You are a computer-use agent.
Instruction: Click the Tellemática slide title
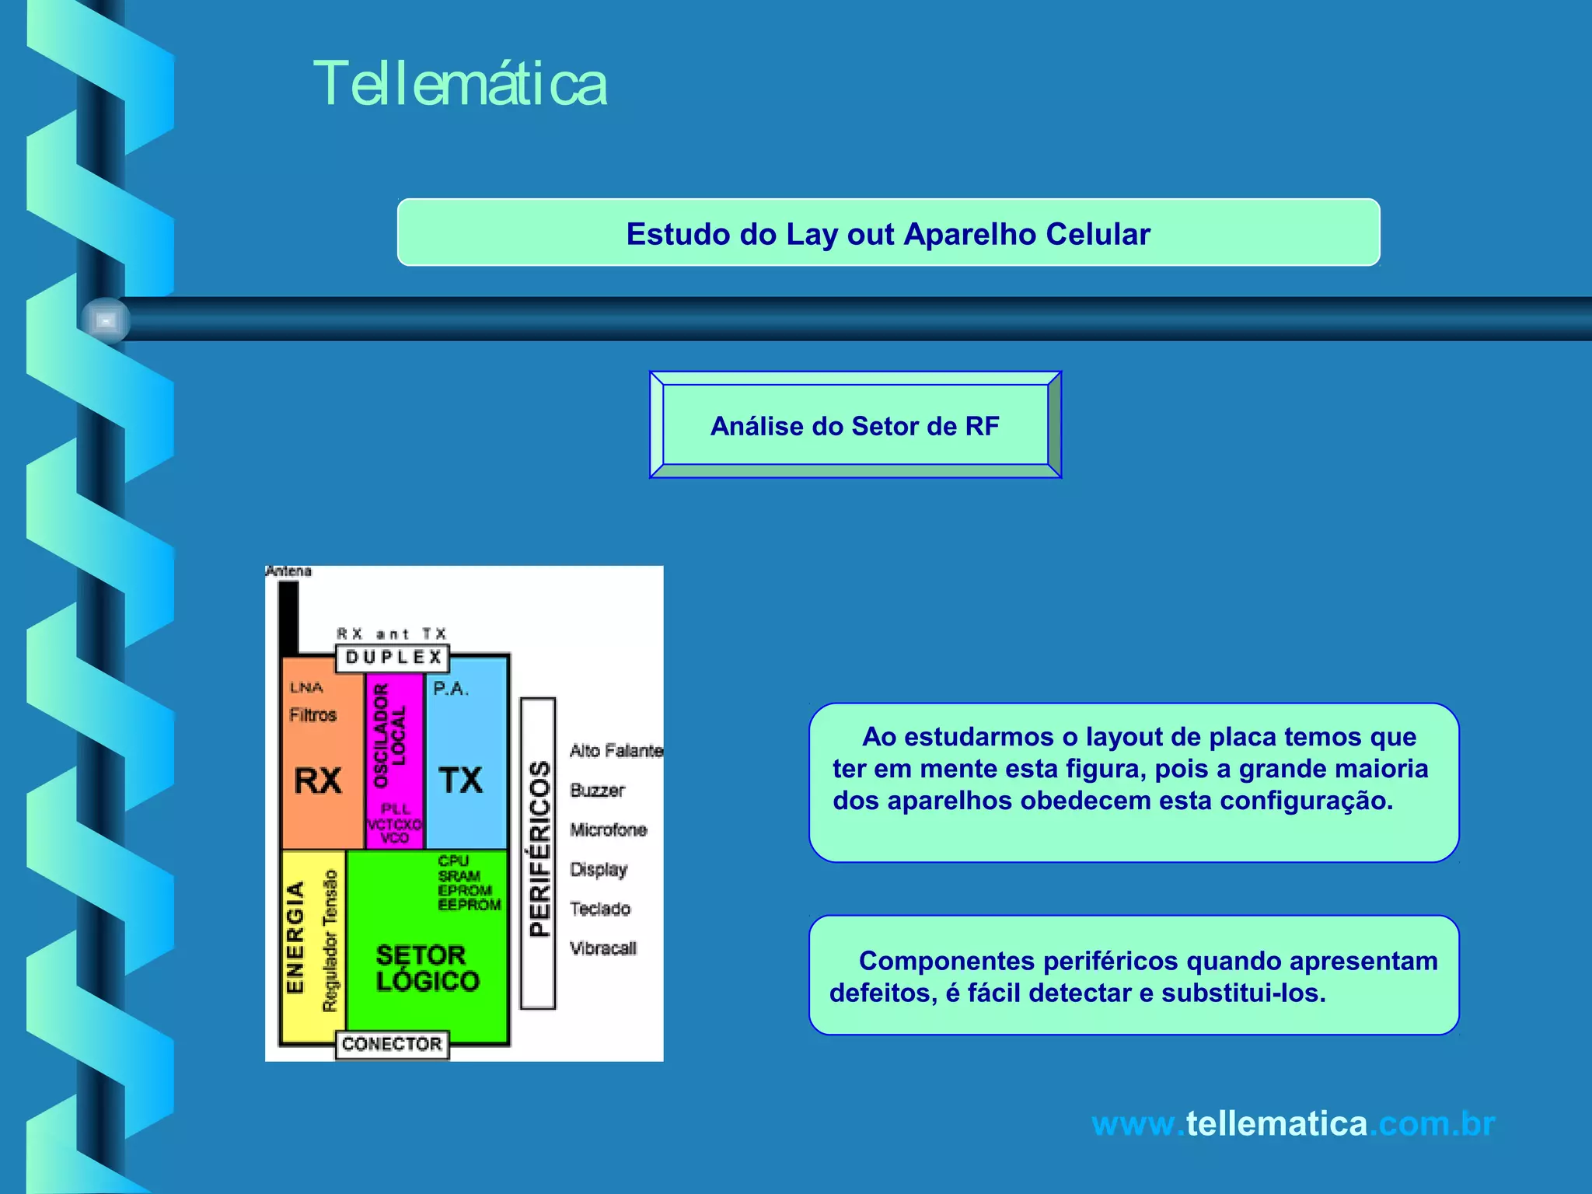click(x=460, y=84)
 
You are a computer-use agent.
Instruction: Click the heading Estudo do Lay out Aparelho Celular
click(x=888, y=234)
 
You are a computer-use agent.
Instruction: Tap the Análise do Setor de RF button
click(x=855, y=426)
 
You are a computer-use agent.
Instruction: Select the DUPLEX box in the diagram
click(x=393, y=658)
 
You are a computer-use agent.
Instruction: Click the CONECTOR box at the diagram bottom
click(x=392, y=1044)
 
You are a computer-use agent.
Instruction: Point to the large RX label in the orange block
click(x=318, y=780)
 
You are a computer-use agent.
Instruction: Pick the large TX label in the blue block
click(x=461, y=780)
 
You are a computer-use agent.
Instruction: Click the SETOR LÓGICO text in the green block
click(x=428, y=968)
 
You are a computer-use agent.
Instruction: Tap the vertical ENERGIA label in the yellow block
click(x=295, y=937)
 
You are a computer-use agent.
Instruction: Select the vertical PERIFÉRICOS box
click(x=539, y=852)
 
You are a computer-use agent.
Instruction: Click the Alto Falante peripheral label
click(x=616, y=751)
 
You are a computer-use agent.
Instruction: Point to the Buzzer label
click(x=597, y=791)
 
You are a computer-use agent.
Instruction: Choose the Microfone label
click(x=608, y=830)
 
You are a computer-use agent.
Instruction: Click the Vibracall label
click(x=602, y=948)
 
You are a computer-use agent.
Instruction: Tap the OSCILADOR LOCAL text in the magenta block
click(x=389, y=735)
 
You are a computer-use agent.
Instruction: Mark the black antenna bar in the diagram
click(x=288, y=618)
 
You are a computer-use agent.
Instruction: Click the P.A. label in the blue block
click(x=451, y=689)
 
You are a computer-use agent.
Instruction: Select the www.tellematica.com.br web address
click(x=1293, y=1124)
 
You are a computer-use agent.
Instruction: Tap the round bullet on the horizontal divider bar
click(x=106, y=320)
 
